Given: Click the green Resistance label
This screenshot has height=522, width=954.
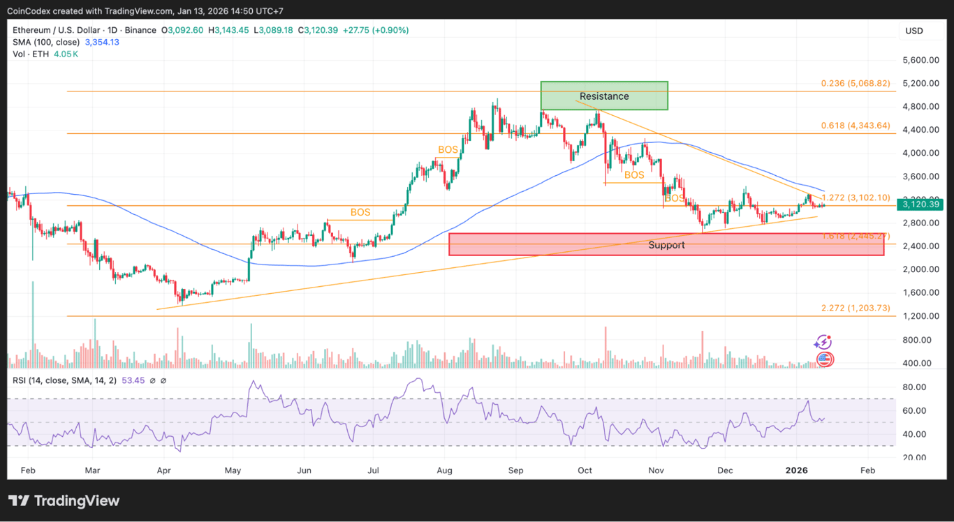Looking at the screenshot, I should tap(604, 96).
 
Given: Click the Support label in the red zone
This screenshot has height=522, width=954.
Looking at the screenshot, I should tap(666, 245).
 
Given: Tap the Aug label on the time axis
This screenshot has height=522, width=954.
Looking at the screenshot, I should tap(444, 470).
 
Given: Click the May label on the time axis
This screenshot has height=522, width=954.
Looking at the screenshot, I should tap(234, 470).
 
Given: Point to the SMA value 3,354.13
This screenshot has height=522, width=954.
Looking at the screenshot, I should tap(102, 42).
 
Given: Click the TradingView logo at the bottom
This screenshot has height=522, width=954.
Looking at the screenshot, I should tap(64, 500).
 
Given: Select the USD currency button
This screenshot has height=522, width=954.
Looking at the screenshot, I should tap(913, 31).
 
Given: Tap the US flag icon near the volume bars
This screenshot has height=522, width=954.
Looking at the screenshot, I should tap(825, 359).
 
